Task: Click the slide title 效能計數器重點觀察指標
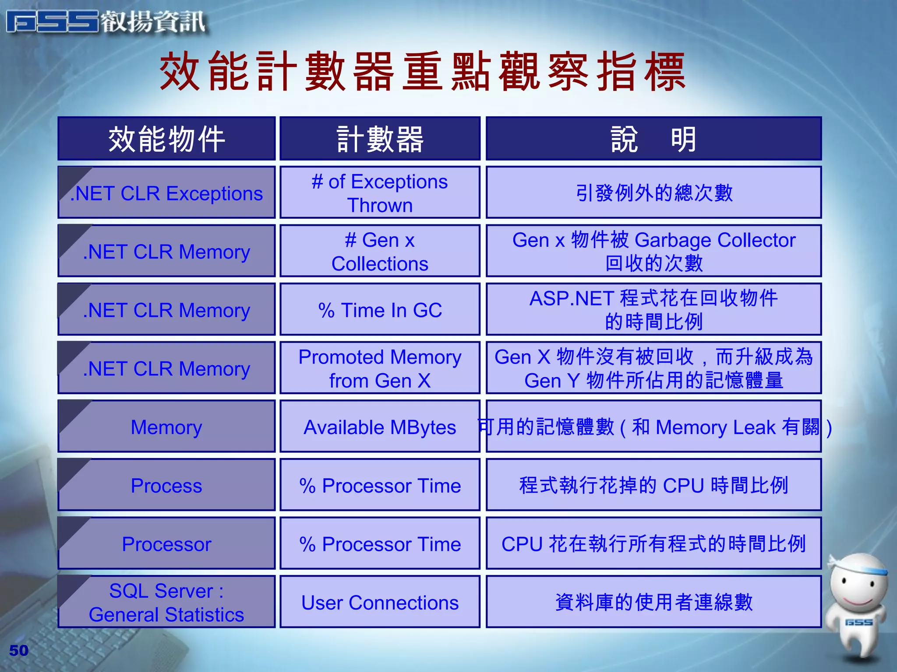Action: coord(423,71)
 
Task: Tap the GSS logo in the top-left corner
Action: coord(105,22)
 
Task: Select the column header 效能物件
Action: coord(166,139)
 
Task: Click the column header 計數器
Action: coord(380,139)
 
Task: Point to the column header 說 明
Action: coord(653,139)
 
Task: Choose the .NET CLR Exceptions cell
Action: coord(166,193)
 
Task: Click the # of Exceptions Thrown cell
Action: coord(380,193)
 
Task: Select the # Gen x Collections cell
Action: coord(380,252)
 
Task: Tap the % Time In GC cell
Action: coord(380,310)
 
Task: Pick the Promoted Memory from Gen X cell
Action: coord(380,368)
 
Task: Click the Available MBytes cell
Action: coord(380,427)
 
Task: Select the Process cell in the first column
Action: coord(166,486)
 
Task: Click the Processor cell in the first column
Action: coord(166,544)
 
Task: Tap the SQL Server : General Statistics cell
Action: coord(166,602)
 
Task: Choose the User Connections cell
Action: coord(380,602)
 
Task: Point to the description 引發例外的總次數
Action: coord(653,193)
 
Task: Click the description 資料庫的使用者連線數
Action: coord(653,602)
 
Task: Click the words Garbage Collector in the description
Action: coord(715,240)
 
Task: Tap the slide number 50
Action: coord(19,651)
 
